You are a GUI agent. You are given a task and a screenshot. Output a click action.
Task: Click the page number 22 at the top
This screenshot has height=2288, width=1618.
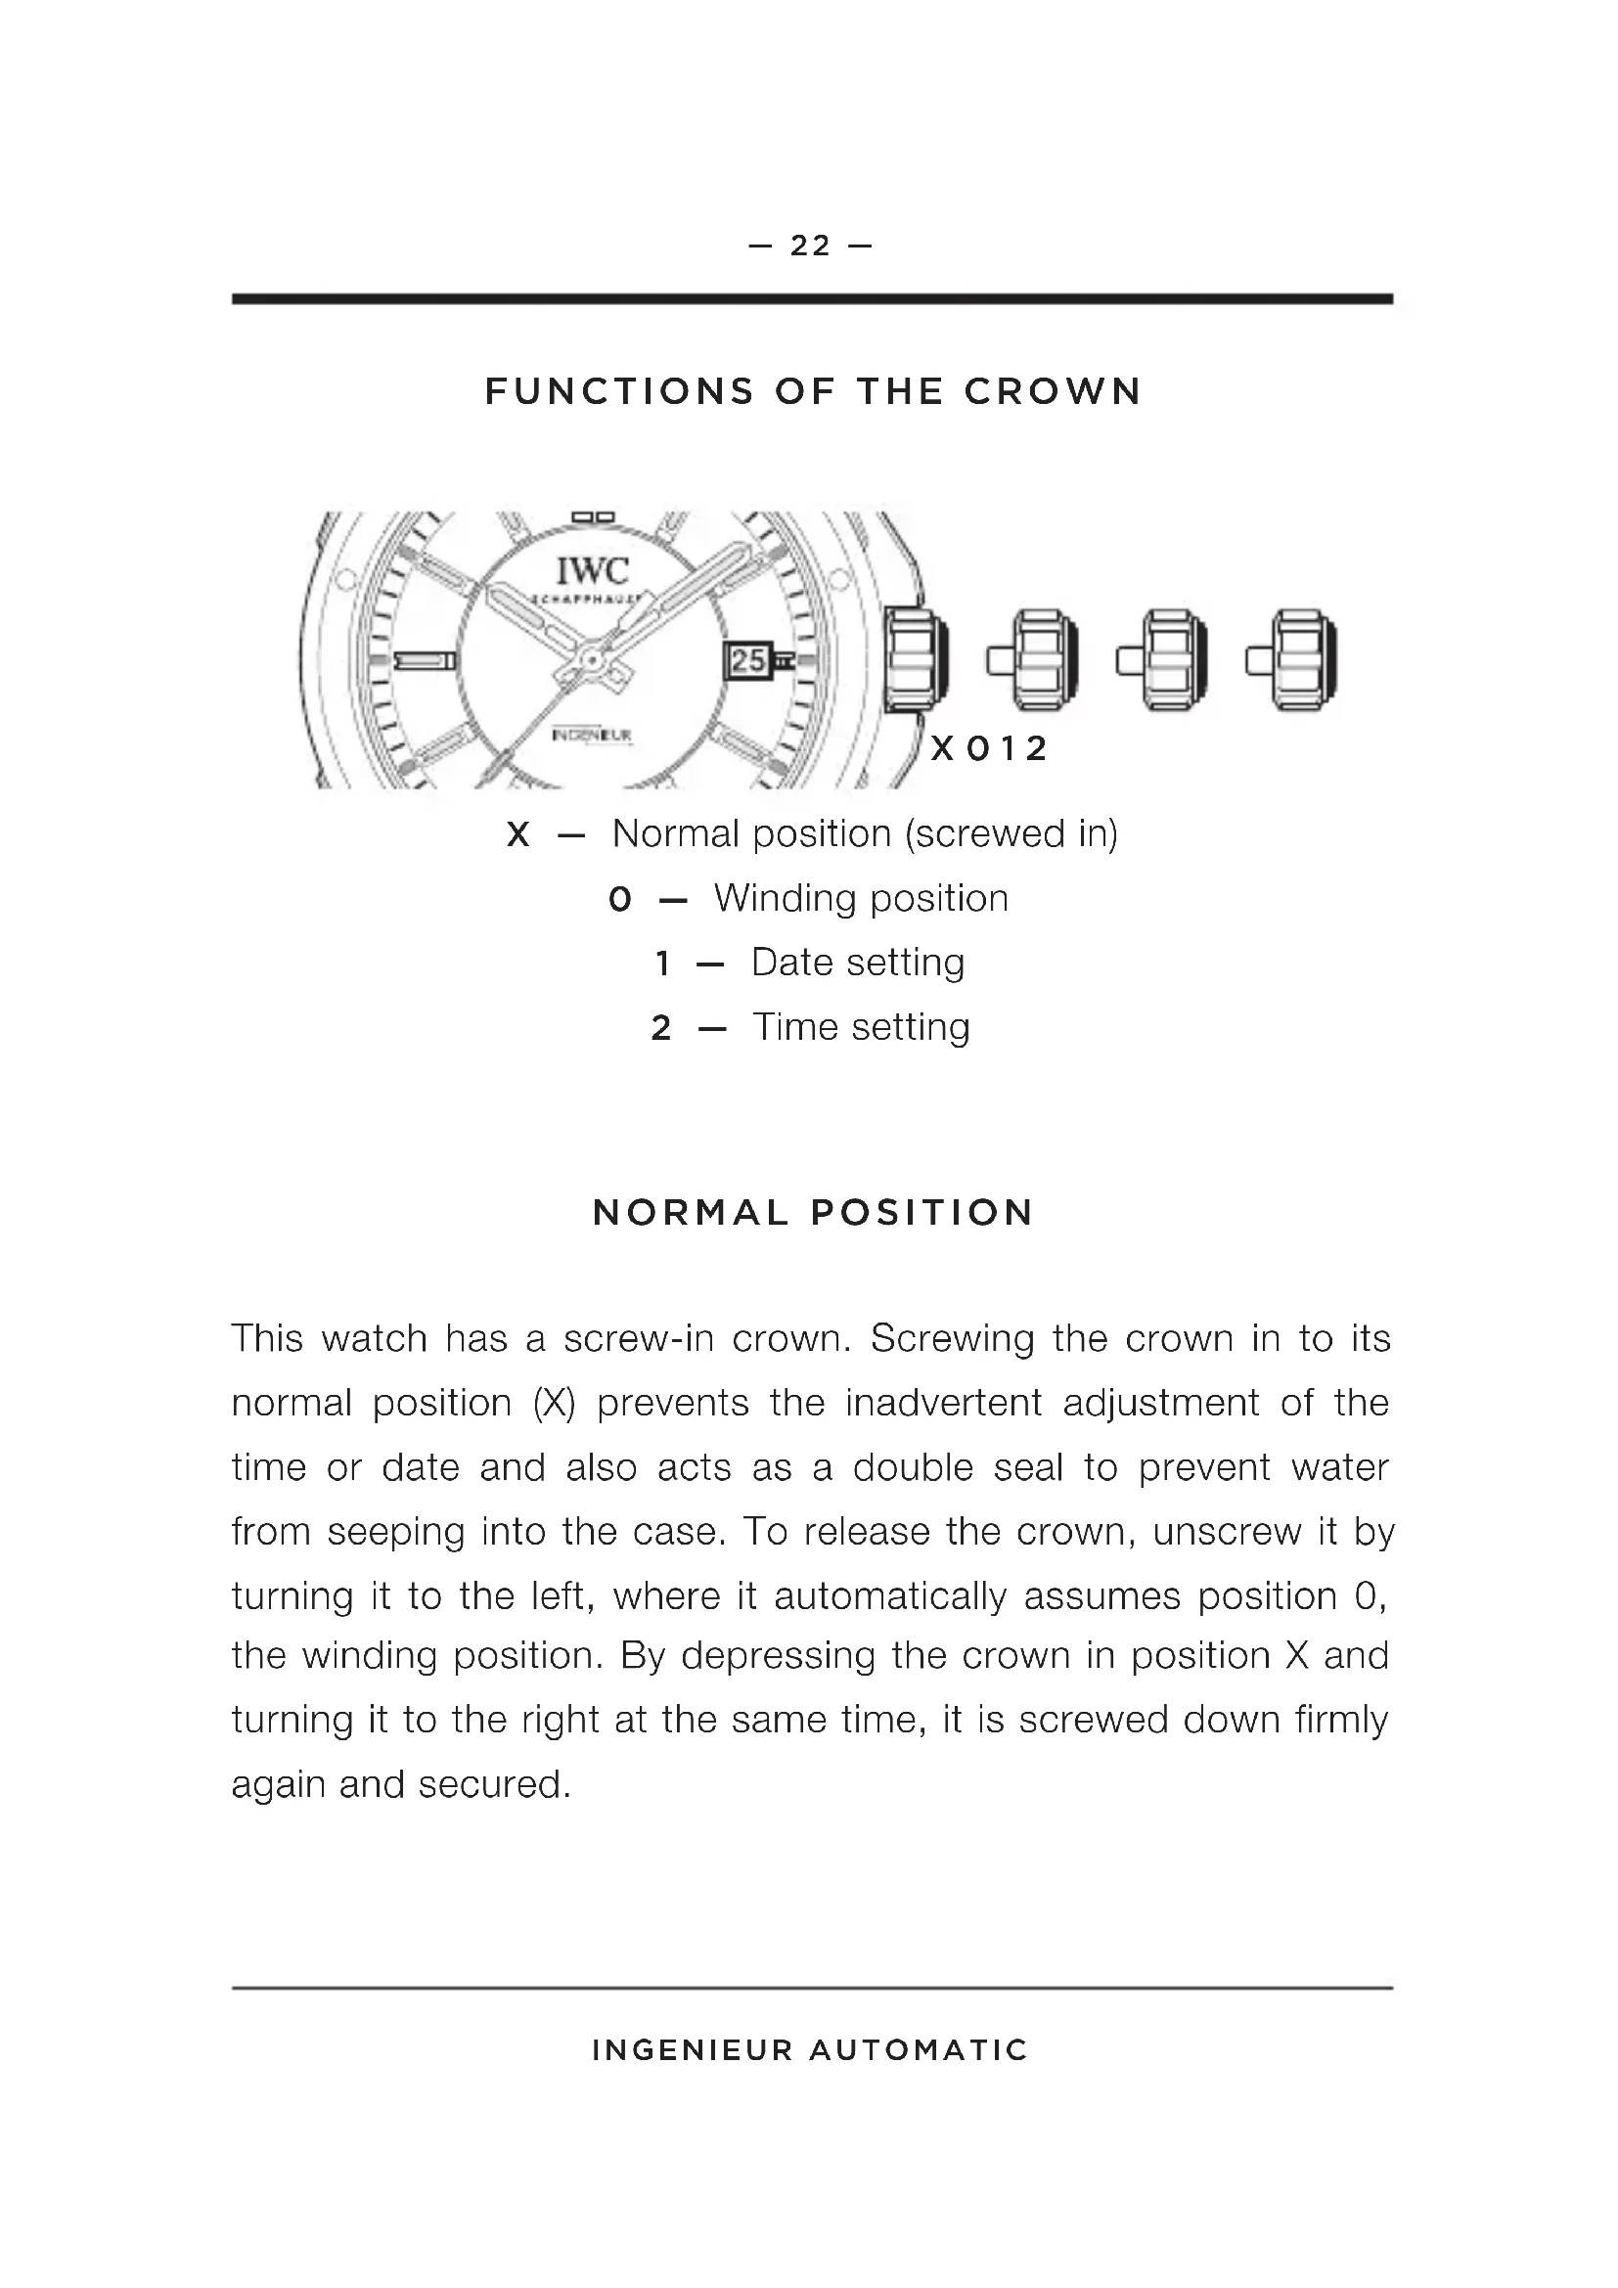tap(810, 246)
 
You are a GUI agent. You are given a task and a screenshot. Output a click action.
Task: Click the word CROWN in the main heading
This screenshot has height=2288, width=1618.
tap(1054, 391)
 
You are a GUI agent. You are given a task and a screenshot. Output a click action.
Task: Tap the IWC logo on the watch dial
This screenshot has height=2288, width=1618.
tap(592, 571)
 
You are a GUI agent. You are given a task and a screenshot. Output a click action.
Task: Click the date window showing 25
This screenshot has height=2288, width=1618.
tap(748, 659)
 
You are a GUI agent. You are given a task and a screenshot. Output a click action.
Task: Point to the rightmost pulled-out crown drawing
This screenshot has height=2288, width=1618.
tap(1294, 659)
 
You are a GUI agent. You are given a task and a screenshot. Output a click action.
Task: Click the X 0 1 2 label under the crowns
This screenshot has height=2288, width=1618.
tap(988, 747)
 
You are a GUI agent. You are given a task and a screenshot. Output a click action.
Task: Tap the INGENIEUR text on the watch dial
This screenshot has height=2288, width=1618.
tap(592, 736)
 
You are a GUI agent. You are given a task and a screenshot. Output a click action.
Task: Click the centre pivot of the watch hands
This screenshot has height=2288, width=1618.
tap(592, 659)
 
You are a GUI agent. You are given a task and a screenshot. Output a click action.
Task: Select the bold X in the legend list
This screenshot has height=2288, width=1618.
tap(517, 835)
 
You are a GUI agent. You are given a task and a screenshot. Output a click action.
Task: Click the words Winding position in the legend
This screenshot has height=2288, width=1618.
tap(861, 899)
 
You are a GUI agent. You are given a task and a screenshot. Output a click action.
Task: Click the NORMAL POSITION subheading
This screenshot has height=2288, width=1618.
tap(813, 1213)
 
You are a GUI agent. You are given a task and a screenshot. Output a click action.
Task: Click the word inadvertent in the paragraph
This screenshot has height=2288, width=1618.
tap(942, 1403)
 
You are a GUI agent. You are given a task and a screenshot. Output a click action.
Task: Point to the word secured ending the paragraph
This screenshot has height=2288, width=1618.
tap(494, 1785)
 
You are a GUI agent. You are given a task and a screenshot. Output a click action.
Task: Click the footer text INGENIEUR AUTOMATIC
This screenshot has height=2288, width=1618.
tap(809, 2051)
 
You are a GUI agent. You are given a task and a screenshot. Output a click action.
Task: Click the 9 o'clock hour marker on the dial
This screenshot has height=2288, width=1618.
tap(424, 660)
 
